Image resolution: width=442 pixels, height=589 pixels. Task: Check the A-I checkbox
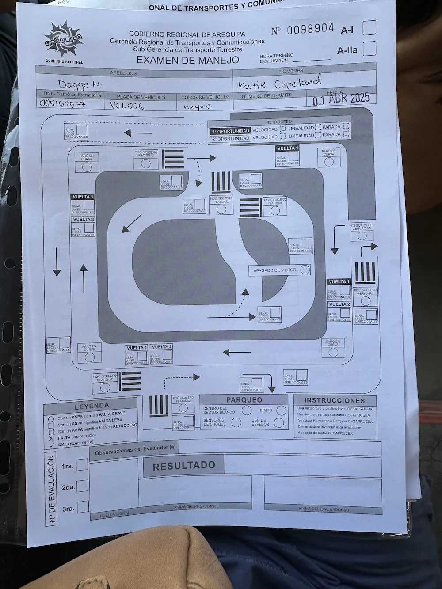[x=370, y=27]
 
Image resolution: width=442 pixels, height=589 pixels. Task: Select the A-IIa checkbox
[x=370, y=49]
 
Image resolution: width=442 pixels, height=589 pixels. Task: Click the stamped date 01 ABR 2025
[x=340, y=99]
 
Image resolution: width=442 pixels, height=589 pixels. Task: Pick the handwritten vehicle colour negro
[x=197, y=106]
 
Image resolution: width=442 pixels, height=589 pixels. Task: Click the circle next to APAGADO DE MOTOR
[x=305, y=270]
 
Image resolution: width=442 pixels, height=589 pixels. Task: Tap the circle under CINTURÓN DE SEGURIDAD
[x=362, y=235]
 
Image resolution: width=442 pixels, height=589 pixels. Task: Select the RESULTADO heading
[x=184, y=465]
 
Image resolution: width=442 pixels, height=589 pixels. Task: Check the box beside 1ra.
[x=82, y=465]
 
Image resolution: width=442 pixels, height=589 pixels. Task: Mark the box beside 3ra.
[x=83, y=507]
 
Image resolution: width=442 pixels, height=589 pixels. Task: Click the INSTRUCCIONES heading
[x=335, y=400]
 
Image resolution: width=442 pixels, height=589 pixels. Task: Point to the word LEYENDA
[x=91, y=406]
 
